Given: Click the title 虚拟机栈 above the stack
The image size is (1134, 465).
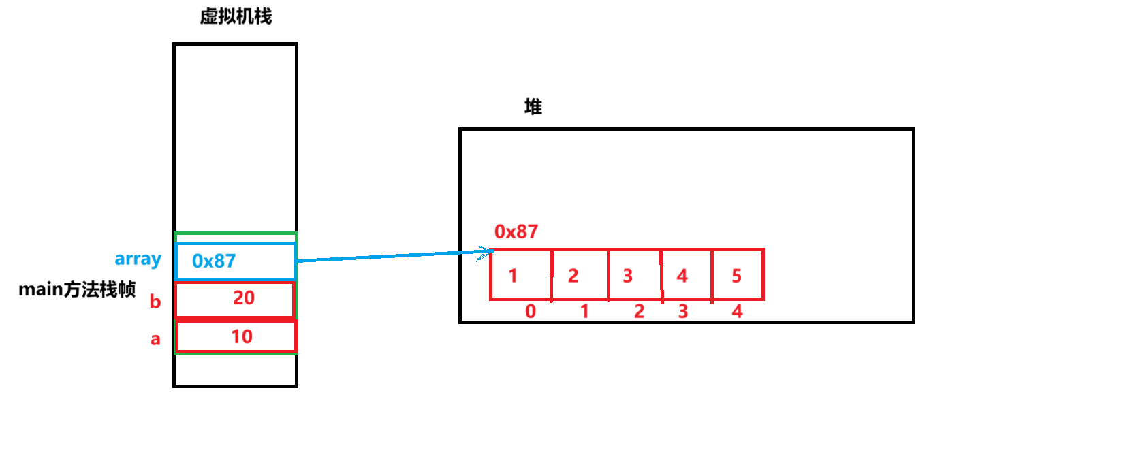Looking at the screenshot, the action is coord(236,16).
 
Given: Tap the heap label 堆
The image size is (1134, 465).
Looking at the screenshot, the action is coord(533,106).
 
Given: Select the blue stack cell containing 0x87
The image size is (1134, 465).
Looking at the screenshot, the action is coord(235,261).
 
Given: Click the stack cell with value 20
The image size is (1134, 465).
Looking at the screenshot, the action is coord(235,299).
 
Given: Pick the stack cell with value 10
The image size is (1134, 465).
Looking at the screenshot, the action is coord(236,336).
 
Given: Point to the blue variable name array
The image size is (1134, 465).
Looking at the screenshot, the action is coord(138,259).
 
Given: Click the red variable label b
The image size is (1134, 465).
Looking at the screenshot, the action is coord(155,301).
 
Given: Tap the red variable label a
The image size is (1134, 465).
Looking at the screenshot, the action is coord(155,339).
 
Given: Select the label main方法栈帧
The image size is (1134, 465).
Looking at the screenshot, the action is coord(77,289).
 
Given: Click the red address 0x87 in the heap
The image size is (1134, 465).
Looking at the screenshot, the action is coord(516,231).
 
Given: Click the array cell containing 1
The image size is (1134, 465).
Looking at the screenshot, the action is coord(520,275).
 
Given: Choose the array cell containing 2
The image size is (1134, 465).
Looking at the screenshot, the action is coord(580,275).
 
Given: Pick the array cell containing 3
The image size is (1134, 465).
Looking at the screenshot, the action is coord(634,275).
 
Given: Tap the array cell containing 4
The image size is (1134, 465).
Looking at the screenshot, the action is coord(687,275).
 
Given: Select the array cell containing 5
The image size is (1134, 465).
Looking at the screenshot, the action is coord(738,275).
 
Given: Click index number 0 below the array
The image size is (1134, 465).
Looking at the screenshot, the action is coord(531,311).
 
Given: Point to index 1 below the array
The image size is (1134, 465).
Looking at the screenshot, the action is coord(584,311).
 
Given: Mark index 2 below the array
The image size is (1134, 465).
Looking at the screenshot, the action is coord(639,311).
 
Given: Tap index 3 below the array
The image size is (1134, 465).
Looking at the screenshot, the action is coord(683,311).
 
